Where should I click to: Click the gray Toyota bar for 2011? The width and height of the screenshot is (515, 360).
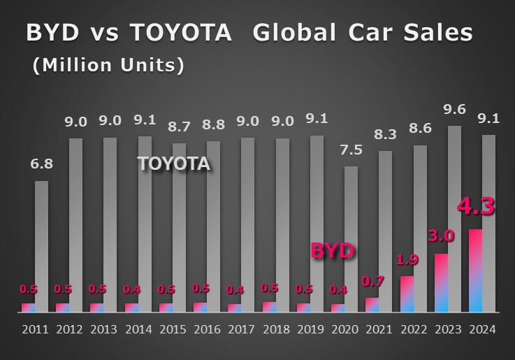(41, 246)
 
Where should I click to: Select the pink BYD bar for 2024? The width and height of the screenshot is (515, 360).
(475, 271)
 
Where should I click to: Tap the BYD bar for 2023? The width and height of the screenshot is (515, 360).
(441, 282)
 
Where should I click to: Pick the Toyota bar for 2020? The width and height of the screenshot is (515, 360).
(351, 238)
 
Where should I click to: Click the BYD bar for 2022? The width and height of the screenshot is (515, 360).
(407, 294)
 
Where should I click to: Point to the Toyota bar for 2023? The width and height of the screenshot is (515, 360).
(454, 218)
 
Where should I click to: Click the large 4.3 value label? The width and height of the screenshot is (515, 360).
(476, 207)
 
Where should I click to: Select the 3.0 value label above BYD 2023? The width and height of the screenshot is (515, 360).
(441, 236)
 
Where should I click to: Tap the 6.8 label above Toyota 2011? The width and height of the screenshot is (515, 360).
(41, 165)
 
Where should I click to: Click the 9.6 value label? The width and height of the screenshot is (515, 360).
(454, 110)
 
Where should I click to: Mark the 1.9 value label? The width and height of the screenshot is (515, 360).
(407, 260)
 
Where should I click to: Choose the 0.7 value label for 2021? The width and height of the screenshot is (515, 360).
(372, 282)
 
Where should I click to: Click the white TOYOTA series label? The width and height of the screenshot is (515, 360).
(173, 164)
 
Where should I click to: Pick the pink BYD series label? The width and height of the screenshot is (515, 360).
(332, 250)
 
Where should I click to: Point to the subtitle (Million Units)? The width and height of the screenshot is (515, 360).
(108, 65)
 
